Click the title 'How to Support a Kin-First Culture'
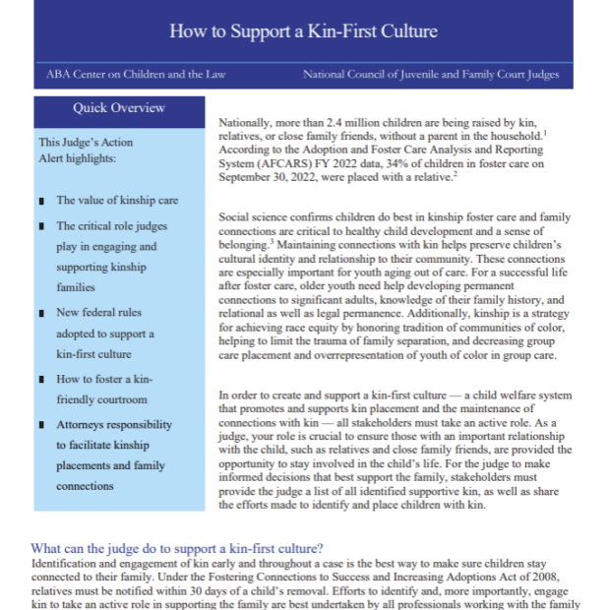pos(303,30)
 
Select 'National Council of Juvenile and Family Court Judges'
pos(431,75)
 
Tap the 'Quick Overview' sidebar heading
pos(119,108)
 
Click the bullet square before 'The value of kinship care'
pos(40,201)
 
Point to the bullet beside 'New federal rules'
pos(40,314)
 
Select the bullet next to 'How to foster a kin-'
pos(40,379)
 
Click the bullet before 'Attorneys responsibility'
pos(40,426)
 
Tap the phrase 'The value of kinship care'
pos(117,200)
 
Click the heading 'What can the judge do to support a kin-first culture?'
pos(177,548)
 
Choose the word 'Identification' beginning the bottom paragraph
pos(67,564)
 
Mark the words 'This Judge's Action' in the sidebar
pos(86,143)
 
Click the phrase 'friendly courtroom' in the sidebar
pos(101,399)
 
